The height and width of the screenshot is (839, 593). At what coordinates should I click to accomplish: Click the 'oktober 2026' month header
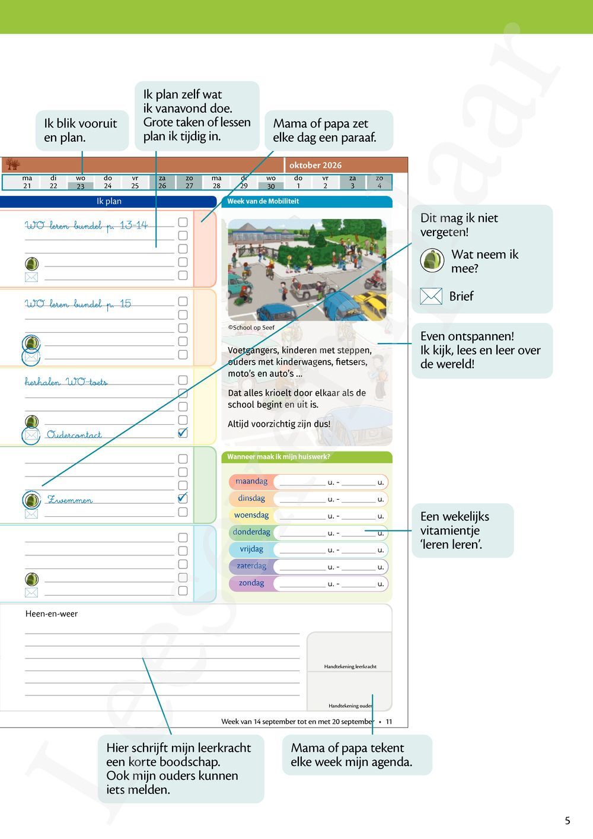315,166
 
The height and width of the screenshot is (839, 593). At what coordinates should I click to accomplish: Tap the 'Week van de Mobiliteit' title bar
263,202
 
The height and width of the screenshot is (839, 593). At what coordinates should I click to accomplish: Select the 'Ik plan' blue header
109,202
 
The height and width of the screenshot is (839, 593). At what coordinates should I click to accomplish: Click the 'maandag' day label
251,482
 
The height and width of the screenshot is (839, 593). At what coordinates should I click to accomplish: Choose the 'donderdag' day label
251,532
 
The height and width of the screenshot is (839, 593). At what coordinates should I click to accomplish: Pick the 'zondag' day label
251,583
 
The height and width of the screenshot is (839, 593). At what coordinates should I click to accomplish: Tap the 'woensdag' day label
251,516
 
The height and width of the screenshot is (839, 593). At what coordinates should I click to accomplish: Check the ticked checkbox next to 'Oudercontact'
183,433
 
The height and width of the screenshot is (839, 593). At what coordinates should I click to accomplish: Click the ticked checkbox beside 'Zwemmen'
183,498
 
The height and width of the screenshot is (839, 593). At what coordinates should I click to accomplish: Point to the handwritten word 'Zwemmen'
70,500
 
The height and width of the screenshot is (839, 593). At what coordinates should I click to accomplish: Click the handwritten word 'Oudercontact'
74,435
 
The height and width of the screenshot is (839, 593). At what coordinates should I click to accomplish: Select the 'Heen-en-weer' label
52,614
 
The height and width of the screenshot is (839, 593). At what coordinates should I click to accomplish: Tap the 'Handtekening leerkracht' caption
350,667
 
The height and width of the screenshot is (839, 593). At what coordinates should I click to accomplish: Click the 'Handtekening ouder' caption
350,706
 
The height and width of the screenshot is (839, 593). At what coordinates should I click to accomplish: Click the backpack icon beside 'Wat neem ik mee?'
432,260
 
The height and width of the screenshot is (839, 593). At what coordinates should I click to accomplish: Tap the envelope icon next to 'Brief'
431,296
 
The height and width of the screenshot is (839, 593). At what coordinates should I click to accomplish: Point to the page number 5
568,821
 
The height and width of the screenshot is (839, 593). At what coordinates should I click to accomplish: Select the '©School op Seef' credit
251,328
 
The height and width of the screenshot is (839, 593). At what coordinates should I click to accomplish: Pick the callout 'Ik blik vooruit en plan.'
81,131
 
